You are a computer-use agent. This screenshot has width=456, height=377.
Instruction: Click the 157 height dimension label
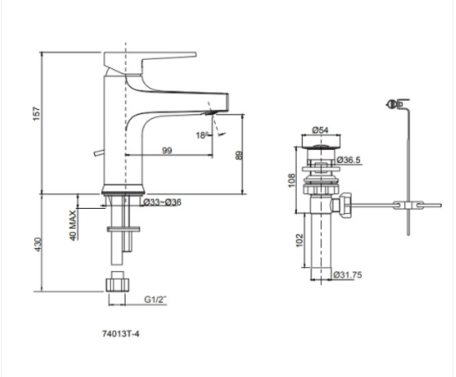pyautogui.click(x=37, y=114)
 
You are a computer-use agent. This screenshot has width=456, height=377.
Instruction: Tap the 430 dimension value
pyautogui.click(x=38, y=245)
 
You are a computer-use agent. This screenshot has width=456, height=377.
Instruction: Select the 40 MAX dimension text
pyautogui.click(x=73, y=226)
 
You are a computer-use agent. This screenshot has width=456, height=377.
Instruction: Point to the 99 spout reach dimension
pyautogui.click(x=167, y=151)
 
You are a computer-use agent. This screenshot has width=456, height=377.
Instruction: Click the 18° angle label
pyautogui.click(x=202, y=136)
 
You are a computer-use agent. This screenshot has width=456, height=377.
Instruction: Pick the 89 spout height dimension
pyautogui.click(x=238, y=156)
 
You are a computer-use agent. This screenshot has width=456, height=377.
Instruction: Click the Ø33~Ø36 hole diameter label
pyautogui.click(x=163, y=202)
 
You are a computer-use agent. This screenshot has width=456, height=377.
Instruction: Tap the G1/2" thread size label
pyautogui.click(x=156, y=300)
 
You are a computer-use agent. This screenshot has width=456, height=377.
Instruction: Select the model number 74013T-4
pyautogui.click(x=121, y=334)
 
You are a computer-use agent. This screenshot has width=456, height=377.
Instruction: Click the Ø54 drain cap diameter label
pyautogui.click(x=320, y=130)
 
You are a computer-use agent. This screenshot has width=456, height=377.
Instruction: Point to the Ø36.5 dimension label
pyautogui.click(x=348, y=160)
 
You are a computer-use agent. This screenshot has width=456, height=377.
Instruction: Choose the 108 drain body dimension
pyautogui.click(x=292, y=181)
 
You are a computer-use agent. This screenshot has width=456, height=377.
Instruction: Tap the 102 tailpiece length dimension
pyautogui.click(x=299, y=241)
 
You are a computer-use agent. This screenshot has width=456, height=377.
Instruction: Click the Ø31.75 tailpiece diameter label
pyautogui.click(x=348, y=275)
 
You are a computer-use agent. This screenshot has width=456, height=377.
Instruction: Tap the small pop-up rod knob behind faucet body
pyautogui.click(x=98, y=153)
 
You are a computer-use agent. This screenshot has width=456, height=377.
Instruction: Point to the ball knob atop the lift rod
pyautogui.click(x=392, y=103)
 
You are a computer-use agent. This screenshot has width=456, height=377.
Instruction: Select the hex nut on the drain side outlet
pyautogui.click(x=345, y=206)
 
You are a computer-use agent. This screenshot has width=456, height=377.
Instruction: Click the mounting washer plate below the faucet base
pyautogui.click(x=123, y=229)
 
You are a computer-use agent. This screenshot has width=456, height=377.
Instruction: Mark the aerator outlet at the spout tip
pyautogui.click(x=210, y=112)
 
